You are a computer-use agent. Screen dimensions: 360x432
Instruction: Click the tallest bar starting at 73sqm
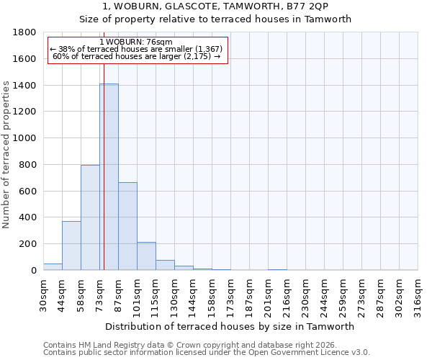click(x=109, y=176)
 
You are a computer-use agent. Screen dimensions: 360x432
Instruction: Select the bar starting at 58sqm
click(x=90, y=217)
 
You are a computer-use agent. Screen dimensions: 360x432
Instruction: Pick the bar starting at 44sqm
click(x=71, y=246)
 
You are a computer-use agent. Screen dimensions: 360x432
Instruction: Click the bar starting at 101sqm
click(x=146, y=256)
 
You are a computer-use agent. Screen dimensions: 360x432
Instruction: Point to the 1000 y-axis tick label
click(x=25, y=138)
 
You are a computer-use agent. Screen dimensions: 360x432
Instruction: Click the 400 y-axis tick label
click(x=28, y=217)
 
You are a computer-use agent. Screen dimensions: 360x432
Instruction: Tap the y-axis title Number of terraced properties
click(x=6, y=155)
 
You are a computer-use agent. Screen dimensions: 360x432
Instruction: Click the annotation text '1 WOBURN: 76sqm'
click(x=136, y=42)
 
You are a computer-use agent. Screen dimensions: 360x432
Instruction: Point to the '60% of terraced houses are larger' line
click(x=136, y=56)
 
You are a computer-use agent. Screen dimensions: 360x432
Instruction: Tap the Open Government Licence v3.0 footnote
click(x=207, y=353)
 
